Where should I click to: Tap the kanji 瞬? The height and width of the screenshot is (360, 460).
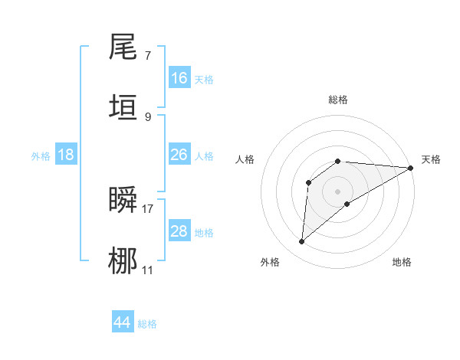pyautogui.click(x=123, y=200)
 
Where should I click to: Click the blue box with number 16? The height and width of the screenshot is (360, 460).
pyautogui.click(x=179, y=78)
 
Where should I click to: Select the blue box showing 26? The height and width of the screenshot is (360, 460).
pyautogui.click(x=179, y=155)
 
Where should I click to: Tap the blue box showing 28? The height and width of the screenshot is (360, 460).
pyautogui.click(x=179, y=231)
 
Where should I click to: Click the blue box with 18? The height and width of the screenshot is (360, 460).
pyautogui.click(x=66, y=155)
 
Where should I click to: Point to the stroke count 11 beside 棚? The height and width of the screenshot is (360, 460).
pyautogui.click(x=147, y=269)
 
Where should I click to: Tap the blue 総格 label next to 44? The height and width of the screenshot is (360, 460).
pyautogui.click(x=147, y=324)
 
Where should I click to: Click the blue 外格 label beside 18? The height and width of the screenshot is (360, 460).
pyautogui.click(x=41, y=156)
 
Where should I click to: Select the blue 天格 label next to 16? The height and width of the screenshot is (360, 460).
pyautogui.click(x=204, y=80)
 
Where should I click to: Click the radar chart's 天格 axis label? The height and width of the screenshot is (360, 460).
pyautogui.click(x=431, y=159)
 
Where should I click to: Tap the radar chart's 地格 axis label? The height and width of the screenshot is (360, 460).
pyautogui.click(x=402, y=262)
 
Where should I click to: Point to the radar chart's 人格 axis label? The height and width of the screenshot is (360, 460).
pyautogui.click(x=245, y=159)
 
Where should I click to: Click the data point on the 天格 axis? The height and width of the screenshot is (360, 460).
pyautogui.click(x=411, y=168)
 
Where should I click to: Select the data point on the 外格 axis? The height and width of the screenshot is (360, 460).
pyautogui.click(x=302, y=242)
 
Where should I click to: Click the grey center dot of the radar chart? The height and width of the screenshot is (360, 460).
pyautogui.click(x=338, y=191)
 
